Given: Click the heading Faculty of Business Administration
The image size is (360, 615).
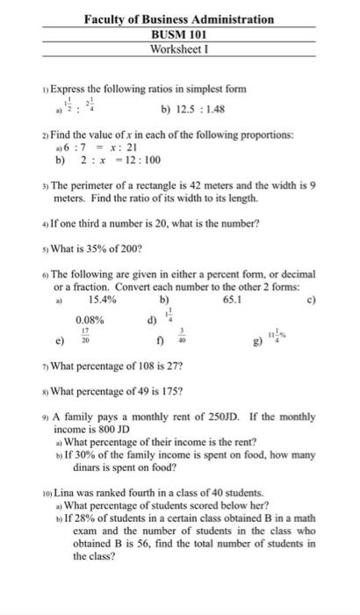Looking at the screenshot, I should [x=179, y=18].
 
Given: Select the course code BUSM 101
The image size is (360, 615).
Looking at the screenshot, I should [x=179, y=34].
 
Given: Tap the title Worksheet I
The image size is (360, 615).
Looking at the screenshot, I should [x=179, y=49].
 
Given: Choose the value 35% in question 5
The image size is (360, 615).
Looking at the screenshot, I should [x=98, y=248].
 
